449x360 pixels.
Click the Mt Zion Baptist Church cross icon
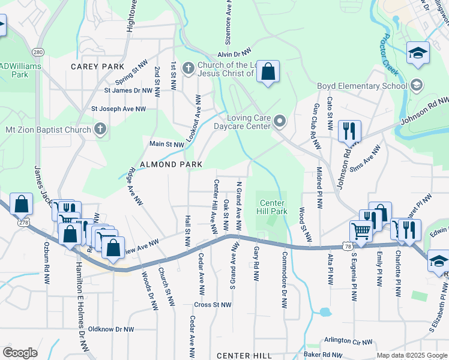[100, 129]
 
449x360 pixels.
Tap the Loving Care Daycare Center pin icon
[279, 122]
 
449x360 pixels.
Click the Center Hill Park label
[272, 206]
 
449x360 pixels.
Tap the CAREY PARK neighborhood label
[97, 67]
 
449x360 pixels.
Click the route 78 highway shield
[348, 246]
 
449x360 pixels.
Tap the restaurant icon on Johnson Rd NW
[349, 130]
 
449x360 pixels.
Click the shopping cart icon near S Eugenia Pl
[361, 230]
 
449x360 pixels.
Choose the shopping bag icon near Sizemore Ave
[268, 72]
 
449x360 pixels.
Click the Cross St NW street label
[212, 305]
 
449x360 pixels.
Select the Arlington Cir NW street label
[348, 341]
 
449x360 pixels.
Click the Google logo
[20, 353]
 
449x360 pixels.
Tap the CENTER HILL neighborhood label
[244, 356]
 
